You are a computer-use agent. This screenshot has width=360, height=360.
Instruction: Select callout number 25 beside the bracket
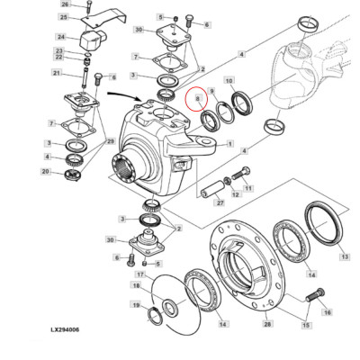pyautogui.click(x=65, y=17)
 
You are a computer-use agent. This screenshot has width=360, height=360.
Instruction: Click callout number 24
pyautogui.click(x=65, y=39)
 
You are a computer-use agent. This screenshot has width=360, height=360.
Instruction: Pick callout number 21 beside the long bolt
pyautogui.click(x=57, y=73)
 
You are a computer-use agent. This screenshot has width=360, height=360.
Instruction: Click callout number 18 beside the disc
pyautogui.click(x=137, y=285)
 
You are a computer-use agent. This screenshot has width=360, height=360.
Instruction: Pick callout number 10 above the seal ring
pyautogui.click(x=230, y=81)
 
